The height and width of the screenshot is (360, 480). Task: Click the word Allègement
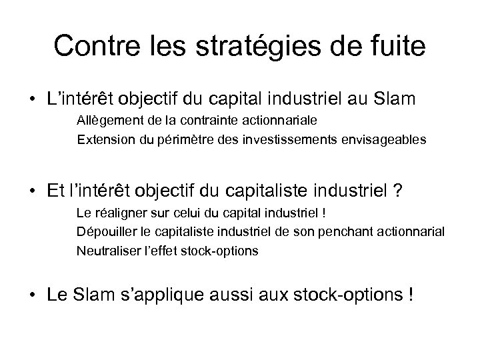[x=110, y=121]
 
